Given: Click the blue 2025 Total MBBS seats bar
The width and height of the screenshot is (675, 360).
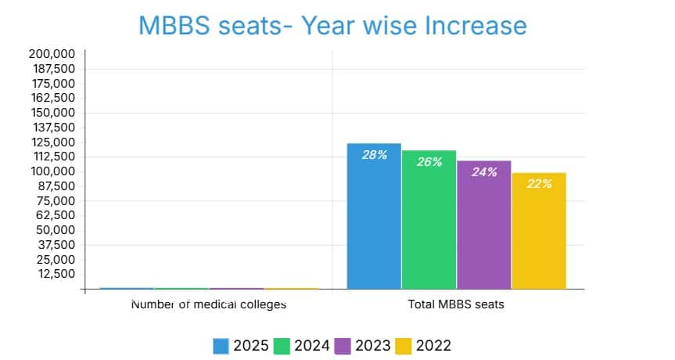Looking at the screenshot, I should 374,227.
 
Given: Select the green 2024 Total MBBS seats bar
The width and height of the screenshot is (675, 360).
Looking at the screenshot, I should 429,231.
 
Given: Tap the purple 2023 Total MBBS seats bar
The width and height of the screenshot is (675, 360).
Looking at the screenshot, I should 483,235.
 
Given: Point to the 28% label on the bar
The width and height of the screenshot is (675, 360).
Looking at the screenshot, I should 374,155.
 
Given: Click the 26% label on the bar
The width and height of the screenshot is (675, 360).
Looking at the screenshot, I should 429,162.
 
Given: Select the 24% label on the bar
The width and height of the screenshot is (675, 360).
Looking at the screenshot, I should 484,172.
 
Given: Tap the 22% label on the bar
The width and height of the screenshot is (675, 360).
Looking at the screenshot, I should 539,184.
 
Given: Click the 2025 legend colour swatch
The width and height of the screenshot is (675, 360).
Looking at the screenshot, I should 221,346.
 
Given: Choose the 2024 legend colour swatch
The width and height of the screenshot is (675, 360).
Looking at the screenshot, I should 282,346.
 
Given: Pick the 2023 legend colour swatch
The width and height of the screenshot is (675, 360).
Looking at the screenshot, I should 343,346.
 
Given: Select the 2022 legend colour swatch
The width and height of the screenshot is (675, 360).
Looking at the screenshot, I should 404,346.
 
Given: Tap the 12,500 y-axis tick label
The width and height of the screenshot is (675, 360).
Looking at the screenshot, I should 55,274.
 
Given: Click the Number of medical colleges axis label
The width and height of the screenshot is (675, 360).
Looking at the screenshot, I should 208,304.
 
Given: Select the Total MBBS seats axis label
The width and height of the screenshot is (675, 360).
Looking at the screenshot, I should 457,304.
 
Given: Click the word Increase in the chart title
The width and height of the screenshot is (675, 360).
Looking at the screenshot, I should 476,26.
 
